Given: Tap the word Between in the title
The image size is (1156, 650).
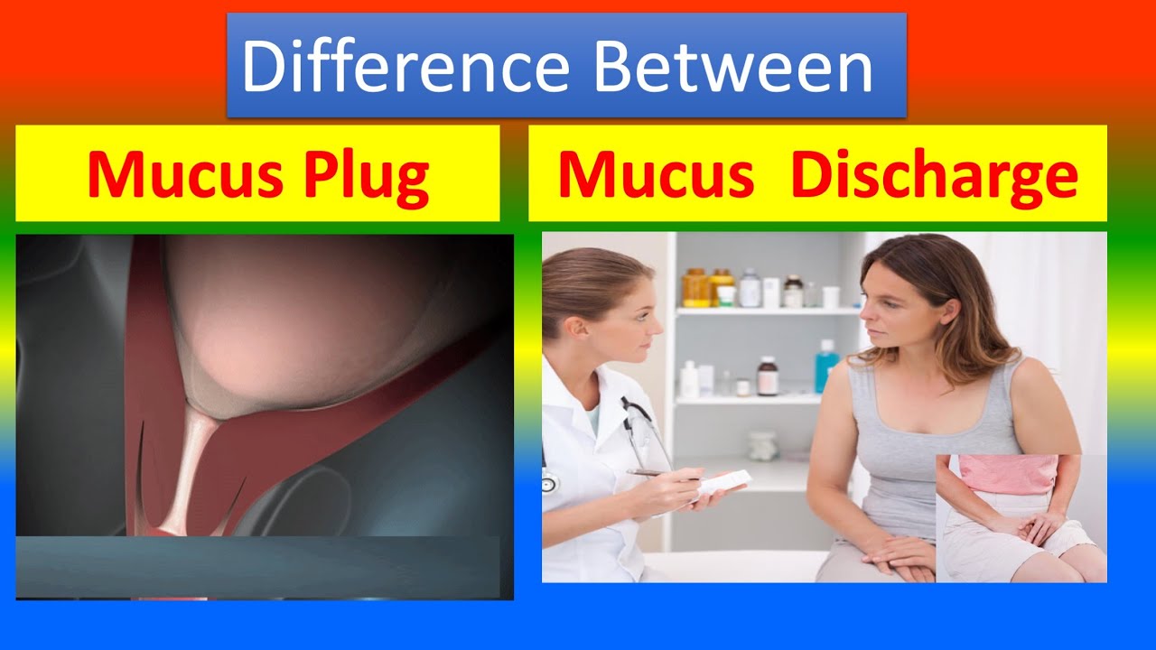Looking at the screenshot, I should coord(733,67).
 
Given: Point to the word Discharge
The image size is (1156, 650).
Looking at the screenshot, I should coord(934,175).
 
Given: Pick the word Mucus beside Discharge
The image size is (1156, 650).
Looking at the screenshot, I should coord(656,175).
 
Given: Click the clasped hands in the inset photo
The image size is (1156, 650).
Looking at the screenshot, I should coord(1021,526).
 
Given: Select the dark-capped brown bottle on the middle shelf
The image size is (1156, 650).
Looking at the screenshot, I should coord(768,375).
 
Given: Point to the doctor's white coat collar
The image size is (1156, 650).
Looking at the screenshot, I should coord(592,397).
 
